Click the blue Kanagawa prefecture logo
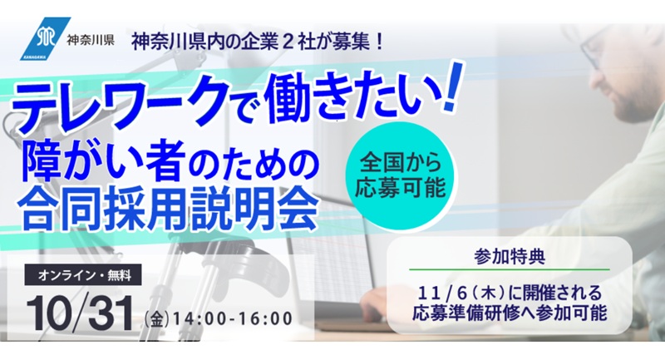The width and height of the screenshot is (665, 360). coord(45,39)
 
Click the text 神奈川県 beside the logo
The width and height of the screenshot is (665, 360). coord(91,40)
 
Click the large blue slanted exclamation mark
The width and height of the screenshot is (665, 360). coord(452,87)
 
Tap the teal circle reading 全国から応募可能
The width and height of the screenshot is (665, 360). coord(401,176)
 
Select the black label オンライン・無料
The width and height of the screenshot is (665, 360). coord(85,276)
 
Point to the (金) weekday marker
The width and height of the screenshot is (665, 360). coord(157,320)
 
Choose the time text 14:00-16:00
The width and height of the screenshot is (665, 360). coord(233,320)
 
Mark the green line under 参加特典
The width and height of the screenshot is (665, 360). coord(510,269)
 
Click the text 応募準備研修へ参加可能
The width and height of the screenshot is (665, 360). coord(510,313)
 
